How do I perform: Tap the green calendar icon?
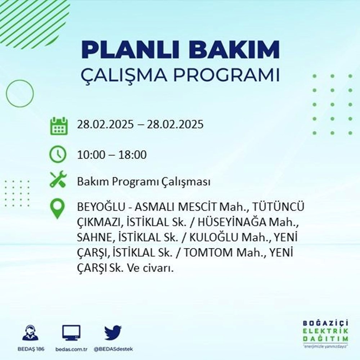point(58,125)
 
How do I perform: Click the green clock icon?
point(58,155)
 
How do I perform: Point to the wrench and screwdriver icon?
point(58,179)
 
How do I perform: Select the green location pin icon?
point(58,209)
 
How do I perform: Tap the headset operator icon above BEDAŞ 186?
point(31,333)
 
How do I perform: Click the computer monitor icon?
point(71,333)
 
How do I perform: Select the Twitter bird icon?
point(113,333)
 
